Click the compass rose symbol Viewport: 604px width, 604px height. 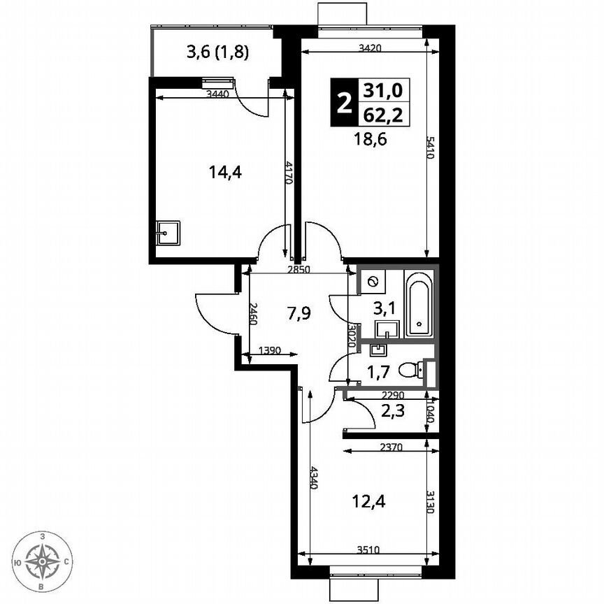(x=43, y=561)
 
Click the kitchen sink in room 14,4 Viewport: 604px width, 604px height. (x=168, y=233)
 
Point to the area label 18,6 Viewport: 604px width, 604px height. (x=371, y=138)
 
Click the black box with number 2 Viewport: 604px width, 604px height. (x=343, y=103)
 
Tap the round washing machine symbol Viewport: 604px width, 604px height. (x=373, y=282)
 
